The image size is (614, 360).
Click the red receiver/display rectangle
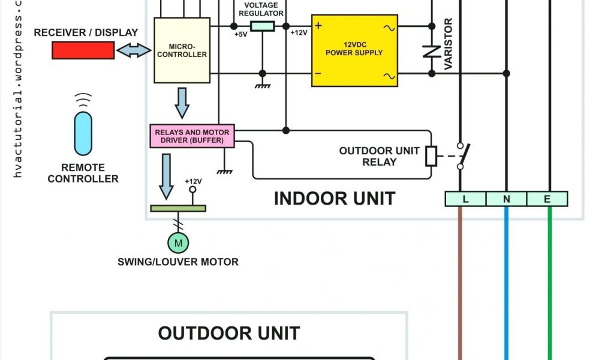[x=83, y=50]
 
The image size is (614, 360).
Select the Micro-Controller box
[x=182, y=50]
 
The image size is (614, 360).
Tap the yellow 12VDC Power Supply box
[x=354, y=50]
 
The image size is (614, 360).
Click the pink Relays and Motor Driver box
[x=192, y=136]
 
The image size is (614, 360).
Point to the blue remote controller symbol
[x=83, y=133]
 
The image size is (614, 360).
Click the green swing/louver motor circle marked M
[x=177, y=242]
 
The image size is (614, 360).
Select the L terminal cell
[x=465, y=199]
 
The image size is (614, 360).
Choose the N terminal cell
[x=506, y=199]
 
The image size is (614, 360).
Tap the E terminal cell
[x=547, y=199]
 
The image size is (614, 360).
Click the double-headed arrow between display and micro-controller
[x=134, y=51]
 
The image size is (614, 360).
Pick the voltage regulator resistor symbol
[x=262, y=26]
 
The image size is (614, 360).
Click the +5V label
[x=240, y=34]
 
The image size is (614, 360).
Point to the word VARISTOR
[x=449, y=44]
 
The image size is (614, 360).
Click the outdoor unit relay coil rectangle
[x=431, y=155]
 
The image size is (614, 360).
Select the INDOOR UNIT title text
[x=335, y=198]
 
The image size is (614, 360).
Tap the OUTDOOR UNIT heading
[x=229, y=332]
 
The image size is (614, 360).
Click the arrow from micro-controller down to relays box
[x=182, y=103]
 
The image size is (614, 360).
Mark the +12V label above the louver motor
[x=193, y=181]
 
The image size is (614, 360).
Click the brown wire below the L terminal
[x=461, y=282]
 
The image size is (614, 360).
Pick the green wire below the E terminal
[x=550, y=282]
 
